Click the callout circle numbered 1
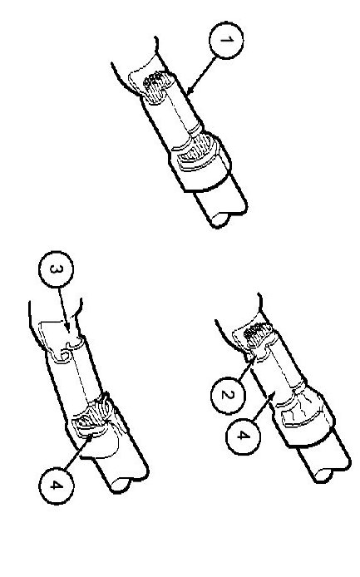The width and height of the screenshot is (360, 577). tap(226, 40)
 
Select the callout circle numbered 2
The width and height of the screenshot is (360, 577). tap(228, 395)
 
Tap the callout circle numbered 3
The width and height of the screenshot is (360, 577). tap(56, 269)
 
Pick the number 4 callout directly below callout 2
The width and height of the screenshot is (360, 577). tap(243, 436)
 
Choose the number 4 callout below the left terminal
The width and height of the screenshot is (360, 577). tap(56, 486)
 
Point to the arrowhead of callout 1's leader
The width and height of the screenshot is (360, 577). tap(189, 92)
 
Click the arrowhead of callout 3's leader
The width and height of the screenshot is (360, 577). tap(67, 328)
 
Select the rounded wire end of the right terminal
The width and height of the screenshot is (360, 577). tap(323, 476)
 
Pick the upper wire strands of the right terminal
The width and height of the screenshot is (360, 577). tap(259, 334)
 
